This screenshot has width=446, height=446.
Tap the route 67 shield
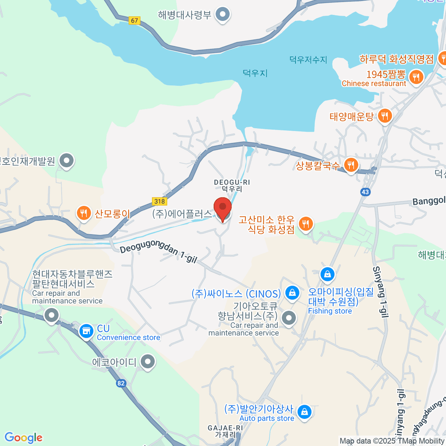(134, 21)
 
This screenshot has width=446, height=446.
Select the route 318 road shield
(159, 201)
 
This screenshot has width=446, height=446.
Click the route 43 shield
(365, 192)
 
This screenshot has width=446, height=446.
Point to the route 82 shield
(121, 383)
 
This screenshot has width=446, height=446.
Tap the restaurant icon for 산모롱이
(84, 213)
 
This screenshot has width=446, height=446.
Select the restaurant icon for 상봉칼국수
(351, 164)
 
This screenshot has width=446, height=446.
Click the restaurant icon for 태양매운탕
(385, 116)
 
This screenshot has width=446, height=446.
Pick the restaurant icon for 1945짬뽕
(416, 77)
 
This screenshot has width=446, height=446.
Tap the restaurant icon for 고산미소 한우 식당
(306, 224)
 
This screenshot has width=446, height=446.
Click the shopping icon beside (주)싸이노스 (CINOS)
(292, 293)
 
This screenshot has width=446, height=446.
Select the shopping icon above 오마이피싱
(327, 274)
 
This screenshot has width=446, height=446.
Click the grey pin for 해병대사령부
(223, 14)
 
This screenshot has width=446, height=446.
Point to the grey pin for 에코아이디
(148, 361)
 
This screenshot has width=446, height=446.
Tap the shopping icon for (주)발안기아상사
(304, 411)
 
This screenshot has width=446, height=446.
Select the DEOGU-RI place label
(232, 182)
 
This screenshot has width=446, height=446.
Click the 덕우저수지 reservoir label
(308, 59)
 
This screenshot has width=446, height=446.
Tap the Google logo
(23, 437)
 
